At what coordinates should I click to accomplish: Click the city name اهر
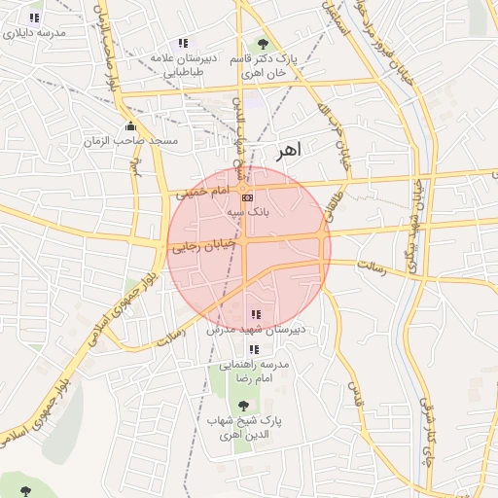click(290, 151)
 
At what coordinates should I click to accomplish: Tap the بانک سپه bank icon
click(246, 196)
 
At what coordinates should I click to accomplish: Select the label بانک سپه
click(247, 210)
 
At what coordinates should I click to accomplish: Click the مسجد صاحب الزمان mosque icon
click(130, 126)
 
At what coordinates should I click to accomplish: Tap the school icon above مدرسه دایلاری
click(34, 18)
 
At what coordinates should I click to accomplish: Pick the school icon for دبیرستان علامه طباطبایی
click(183, 43)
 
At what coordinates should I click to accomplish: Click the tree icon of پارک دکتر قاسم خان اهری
click(262, 44)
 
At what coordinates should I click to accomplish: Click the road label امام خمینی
click(199, 195)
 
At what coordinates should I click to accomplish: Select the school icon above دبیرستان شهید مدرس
click(255, 314)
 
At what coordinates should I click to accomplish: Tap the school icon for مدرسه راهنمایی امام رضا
click(254, 349)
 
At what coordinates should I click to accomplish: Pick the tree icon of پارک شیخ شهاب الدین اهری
click(242, 405)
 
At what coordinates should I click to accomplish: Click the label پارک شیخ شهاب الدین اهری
click(243, 427)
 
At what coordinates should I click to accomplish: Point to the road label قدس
click(355, 396)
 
